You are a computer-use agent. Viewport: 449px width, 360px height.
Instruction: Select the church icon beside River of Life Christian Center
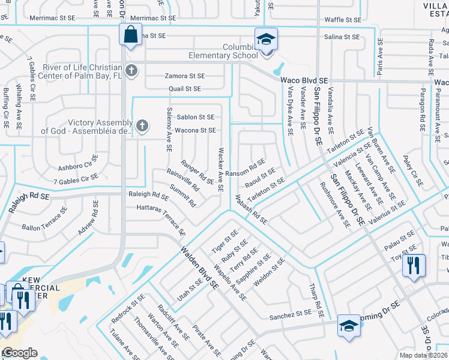pos(132,71)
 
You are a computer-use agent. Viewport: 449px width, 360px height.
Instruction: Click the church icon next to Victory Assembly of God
pos(142,126)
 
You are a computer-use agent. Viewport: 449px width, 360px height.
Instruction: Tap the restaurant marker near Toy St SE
pos(414,265)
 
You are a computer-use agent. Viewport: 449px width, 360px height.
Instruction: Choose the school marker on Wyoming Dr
pos(348,326)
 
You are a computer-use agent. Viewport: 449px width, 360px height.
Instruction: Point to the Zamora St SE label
pos(185,76)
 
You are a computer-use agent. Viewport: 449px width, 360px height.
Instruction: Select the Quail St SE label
pos(185,89)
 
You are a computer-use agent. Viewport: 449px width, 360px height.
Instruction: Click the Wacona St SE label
pos(196,130)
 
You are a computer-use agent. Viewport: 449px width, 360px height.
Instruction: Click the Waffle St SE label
pos(342,19)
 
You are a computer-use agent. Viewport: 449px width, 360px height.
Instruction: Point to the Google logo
pos(20,353)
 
